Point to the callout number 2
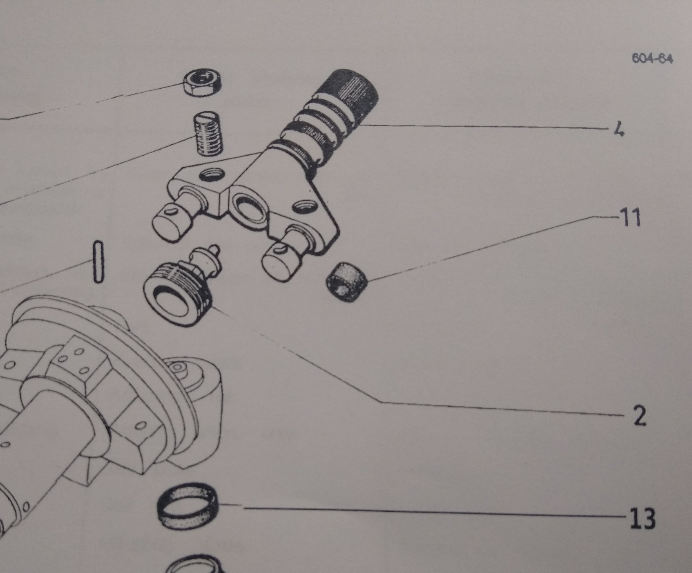(639, 416)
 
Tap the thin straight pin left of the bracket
(97, 262)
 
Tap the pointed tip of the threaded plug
(216, 248)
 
